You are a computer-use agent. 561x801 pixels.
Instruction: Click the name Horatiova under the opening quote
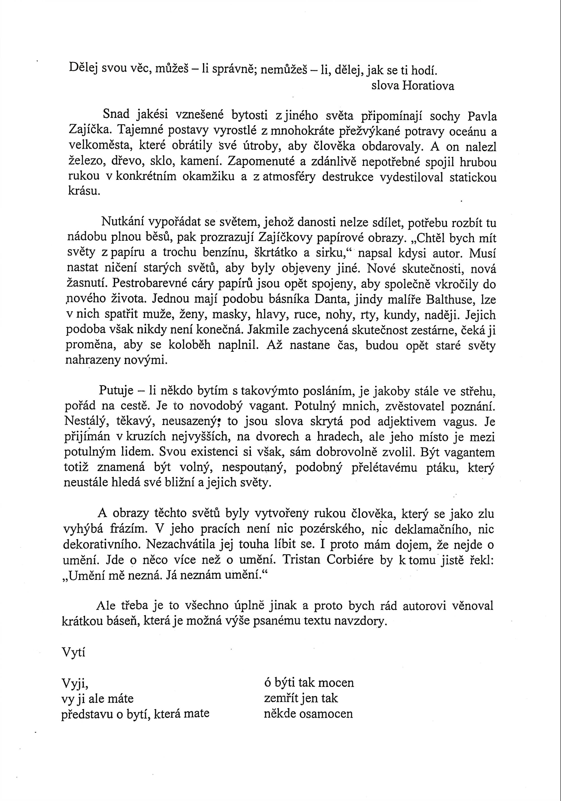(x=428, y=86)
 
